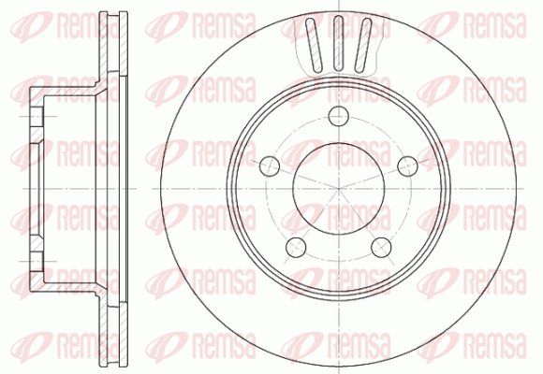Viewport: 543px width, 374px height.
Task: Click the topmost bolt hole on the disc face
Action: [x=338, y=116]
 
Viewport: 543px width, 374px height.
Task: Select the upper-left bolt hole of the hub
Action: [x=270, y=165]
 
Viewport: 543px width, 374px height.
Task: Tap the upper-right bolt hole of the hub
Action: [x=407, y=165]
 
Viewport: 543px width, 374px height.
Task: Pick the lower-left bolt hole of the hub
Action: [x=296, y=247]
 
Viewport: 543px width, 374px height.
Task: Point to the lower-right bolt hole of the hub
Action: [x=381, y=247]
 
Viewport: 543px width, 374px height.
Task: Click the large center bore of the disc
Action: [x=338, y=189]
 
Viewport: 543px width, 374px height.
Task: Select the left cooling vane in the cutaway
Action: [x=314, y=45]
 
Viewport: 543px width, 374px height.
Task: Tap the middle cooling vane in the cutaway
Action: [x=338, y=43]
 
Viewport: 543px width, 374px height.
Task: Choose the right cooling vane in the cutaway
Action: [x=362, y=45]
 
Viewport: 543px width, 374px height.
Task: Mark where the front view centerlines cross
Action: [x=338, y=189]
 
